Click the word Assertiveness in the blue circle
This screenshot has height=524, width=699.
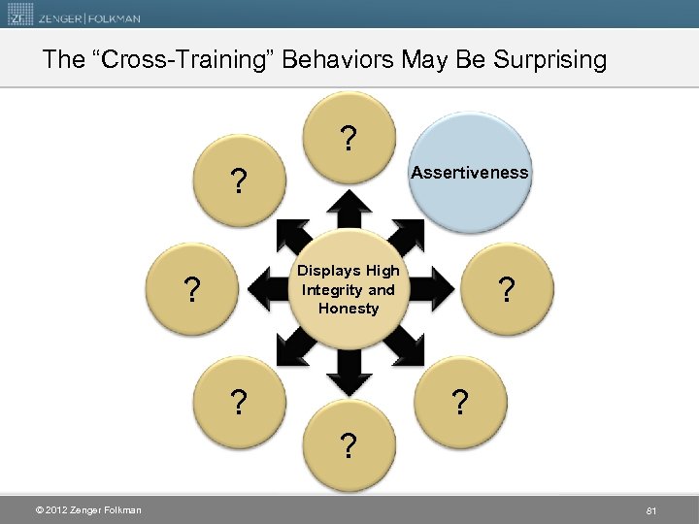[470, 173]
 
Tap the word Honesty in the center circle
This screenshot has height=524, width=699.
[348, 309]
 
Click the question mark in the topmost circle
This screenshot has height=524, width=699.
[347, 141]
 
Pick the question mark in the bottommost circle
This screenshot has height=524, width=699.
[347, 447]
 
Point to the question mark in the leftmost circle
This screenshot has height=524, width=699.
[194, 290]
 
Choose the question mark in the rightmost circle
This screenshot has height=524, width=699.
[504, 290]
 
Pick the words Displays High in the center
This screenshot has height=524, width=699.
[348, 271]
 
